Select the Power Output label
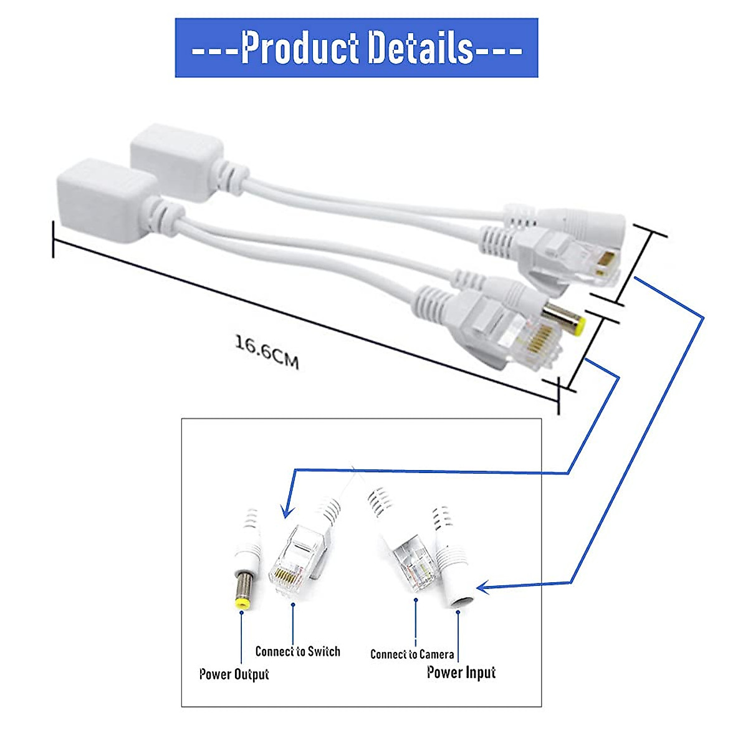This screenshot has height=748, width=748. (x=234, y=674)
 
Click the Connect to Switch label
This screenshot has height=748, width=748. (x=298, y=651)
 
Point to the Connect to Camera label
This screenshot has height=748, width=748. (x=412, y=654)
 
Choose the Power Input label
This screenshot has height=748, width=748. (x=461, y=672)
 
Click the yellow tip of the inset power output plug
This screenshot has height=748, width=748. (x=240, y=603)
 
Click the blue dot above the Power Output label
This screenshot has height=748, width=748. (x=241, y=613)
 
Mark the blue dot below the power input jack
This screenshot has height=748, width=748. (x=458, y=613)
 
